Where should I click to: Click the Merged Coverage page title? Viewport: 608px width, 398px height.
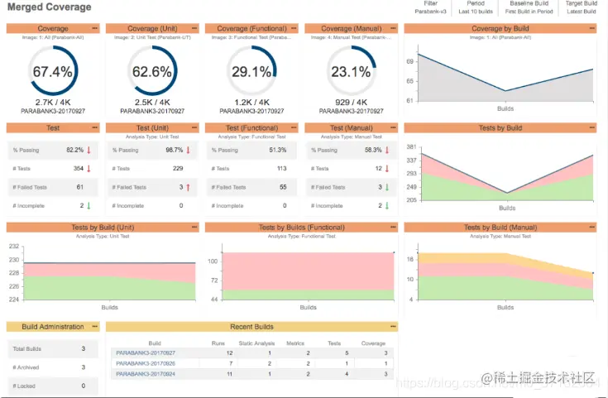(50, 7)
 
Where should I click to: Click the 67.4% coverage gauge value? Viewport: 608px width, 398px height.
(53, 72)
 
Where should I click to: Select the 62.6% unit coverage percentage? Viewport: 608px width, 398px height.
(152, 72)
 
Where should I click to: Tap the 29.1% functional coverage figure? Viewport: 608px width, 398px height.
(251, 72)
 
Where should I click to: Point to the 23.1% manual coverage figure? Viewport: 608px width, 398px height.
(351, 72)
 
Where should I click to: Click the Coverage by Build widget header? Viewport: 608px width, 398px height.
(500, 28)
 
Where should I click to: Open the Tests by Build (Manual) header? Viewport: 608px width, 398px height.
(500, 228)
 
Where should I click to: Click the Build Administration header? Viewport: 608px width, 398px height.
(53, 327)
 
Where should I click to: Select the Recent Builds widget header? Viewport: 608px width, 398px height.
(251, 327)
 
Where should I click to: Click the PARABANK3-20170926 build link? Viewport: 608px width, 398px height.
(146, 363)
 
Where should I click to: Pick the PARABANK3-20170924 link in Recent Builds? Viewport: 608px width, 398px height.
(146, 374)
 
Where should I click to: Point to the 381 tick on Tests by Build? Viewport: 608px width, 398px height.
(411, 147)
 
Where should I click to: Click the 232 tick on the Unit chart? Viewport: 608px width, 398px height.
(13, 247)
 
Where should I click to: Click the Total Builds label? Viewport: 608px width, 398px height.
(28, 350)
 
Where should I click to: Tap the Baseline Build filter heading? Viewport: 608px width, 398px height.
(529, 4)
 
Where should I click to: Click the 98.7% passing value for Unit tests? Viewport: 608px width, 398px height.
(174, 151)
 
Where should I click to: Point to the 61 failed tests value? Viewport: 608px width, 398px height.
(79, 187)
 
